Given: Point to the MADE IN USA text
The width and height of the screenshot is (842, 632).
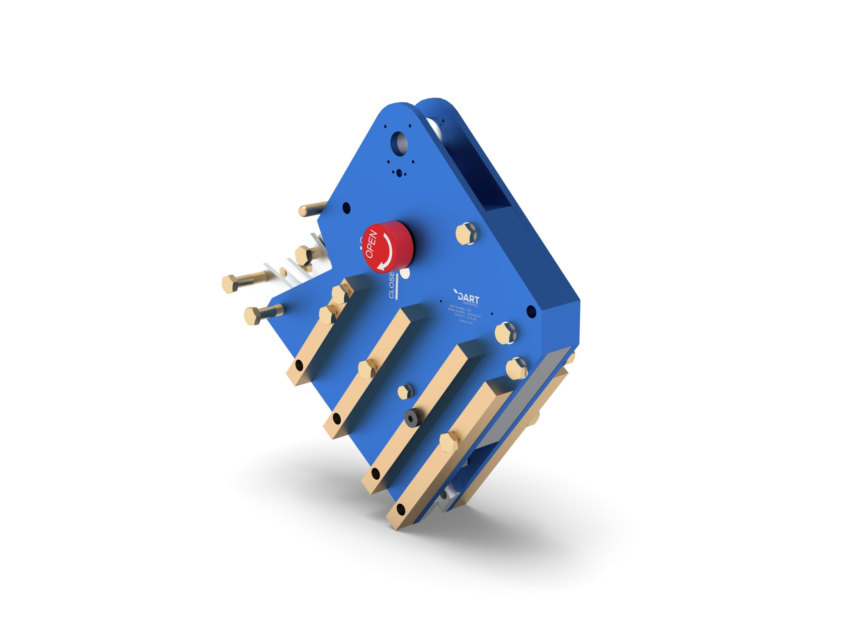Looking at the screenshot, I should coord(466,322).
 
